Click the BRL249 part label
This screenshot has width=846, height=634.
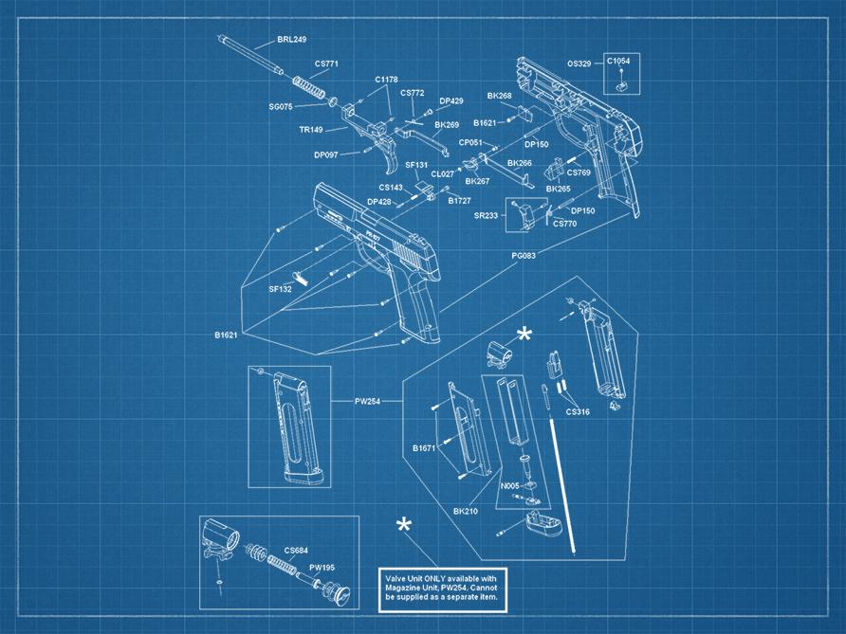coord(291,40)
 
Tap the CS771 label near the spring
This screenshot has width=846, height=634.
coord(326,63)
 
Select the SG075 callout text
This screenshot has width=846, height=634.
coord(281,107)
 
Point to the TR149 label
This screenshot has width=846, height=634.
coord(310,130)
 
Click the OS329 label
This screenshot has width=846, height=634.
coord(579,63)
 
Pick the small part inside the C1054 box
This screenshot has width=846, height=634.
coord(621,84)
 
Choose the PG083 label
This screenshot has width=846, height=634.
coord(524,256)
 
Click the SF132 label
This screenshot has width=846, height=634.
coord(280,288)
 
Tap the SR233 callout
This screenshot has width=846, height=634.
coord(486,216)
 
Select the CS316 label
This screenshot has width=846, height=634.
coord(578,412)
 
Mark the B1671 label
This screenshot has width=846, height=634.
coord(424,447)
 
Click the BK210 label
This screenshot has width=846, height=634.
coord(465,512)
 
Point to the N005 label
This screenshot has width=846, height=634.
coord(509,486)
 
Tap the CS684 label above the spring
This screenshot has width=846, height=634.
coord(296,550)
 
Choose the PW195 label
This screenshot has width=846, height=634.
coord(322,568)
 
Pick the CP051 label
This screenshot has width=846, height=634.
coord(471,142)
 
